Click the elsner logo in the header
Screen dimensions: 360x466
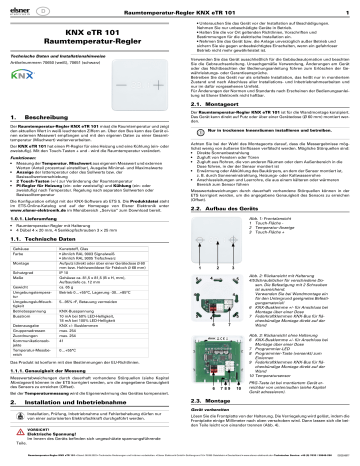[21, 7]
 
